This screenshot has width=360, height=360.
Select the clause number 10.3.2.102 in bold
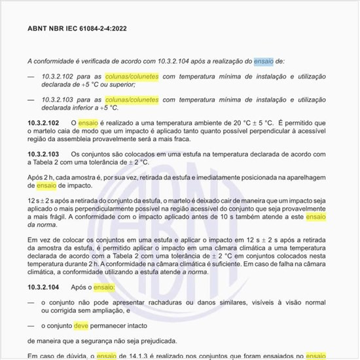pos(44,123)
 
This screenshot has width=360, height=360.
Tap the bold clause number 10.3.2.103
pos(44,154)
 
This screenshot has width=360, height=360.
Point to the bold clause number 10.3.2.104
pos(44,287)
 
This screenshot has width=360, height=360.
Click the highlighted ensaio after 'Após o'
pos(103,287)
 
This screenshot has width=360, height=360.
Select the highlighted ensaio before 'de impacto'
pos(43,186)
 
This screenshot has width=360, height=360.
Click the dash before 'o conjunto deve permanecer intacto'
pos(31,325)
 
